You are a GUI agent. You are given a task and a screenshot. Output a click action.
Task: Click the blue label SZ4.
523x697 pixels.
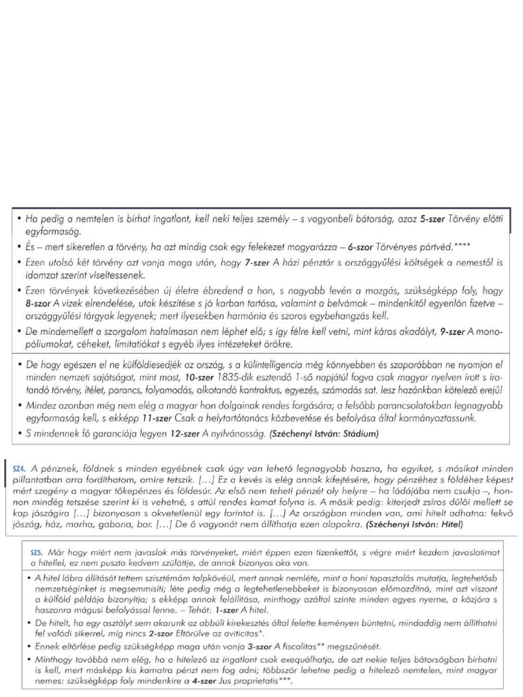point(19,468)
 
